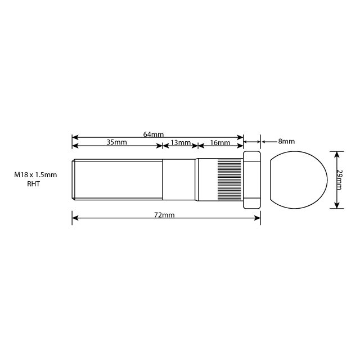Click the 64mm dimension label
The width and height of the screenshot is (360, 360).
(153, 134)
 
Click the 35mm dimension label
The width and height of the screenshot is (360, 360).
(117, 143)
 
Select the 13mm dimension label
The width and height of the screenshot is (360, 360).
(181, 143)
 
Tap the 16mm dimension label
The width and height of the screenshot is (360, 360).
(220, 143)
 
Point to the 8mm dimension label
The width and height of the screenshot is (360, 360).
(286, 142)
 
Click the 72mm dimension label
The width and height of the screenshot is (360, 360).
(166, 215)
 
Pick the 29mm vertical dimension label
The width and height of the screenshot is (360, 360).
(340, 179)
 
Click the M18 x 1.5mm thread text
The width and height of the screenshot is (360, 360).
(35, 175)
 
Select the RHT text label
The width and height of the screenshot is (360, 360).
(35, 184)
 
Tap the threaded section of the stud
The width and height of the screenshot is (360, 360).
(118, 180)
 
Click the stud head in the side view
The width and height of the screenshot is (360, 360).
(251, 180)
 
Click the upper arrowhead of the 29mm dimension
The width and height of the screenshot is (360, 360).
(336, 153)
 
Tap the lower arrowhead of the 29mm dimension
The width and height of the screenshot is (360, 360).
(336, 206)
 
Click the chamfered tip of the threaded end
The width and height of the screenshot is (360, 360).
(74, 180)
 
